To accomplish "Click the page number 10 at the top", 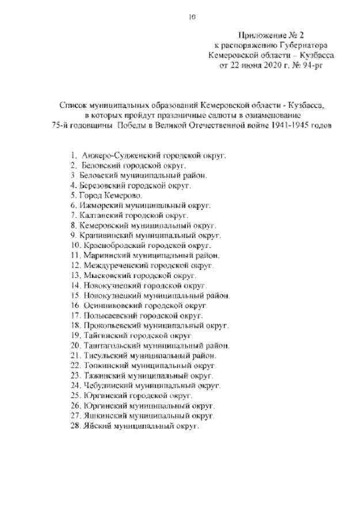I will tap(193, 17).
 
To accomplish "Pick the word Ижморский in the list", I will tap(101, 205).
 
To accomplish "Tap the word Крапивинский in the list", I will tap(107, 235).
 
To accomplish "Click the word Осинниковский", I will tap(109, 305).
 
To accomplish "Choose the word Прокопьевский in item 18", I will tap(109, 325).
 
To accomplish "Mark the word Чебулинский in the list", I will tap(105, 385).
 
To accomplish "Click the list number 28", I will tap(74, 425).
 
